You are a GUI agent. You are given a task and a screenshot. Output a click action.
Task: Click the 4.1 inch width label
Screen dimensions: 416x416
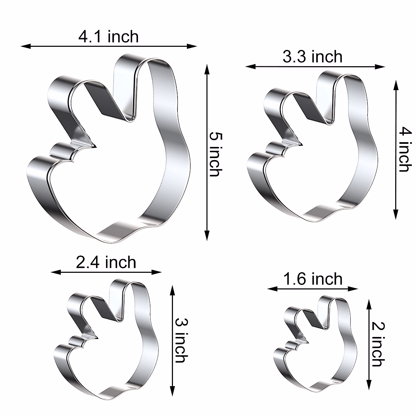pos(109,37)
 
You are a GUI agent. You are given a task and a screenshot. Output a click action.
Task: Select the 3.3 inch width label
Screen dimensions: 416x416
pos(312,57)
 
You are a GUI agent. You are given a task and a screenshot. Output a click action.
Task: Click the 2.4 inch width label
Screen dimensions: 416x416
pos(106,262)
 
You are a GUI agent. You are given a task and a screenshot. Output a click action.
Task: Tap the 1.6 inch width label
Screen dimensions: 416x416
pos(313,279)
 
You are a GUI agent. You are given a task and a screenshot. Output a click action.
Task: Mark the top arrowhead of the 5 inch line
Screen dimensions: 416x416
pos(207,70)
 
